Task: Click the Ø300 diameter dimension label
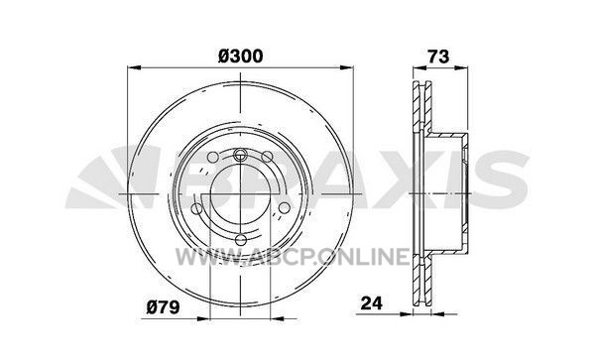point(241,57)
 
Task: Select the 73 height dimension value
point(438,57)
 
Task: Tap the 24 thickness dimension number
point(372,302)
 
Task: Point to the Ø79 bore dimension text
point(164,306)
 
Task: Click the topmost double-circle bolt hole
point(241,154)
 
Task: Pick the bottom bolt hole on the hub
point(241,240)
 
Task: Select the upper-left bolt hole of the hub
point(213,157)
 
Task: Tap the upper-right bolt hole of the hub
point(267,157)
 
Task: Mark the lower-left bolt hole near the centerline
point(197,208)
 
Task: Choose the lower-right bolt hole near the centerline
point(285,208)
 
